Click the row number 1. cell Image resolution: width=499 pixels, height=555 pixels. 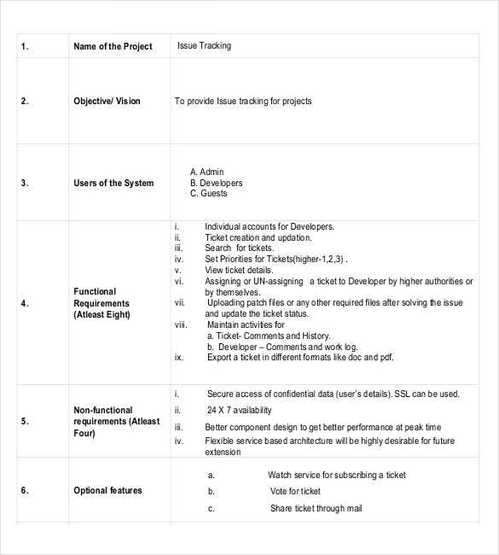25,46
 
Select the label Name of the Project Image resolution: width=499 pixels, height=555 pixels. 113,46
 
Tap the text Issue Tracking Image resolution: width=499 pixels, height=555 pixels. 204,45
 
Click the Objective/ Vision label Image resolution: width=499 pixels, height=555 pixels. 107,101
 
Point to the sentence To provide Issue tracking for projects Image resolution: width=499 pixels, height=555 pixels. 243,101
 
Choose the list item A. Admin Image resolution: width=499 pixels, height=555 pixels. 206,172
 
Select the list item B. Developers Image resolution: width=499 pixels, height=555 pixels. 216,183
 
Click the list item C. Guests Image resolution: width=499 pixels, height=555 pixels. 208,194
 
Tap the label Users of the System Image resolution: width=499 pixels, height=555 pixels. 113,183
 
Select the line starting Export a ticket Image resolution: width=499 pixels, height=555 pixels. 299,358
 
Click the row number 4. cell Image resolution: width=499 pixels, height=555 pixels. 25,302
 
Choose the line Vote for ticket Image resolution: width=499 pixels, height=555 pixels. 295,491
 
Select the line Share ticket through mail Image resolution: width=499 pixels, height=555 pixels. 316,508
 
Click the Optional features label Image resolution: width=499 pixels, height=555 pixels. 107,490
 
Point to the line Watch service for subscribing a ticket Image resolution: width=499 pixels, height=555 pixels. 336,475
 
